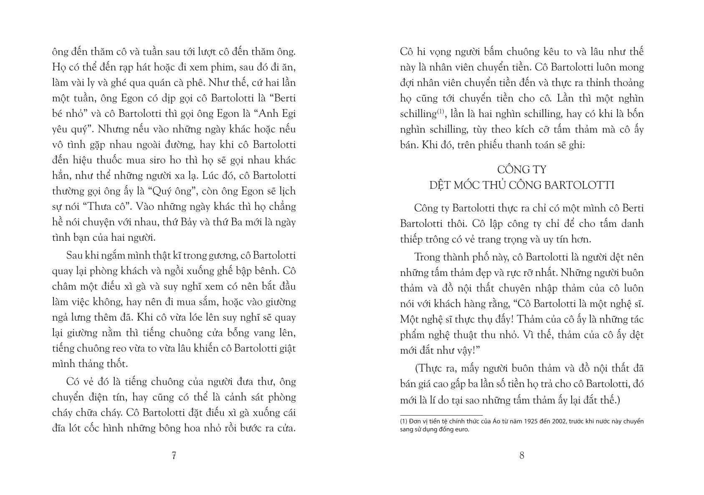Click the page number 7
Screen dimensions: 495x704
click(x=174, y=456)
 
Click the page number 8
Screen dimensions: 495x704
click(x=522, y=456)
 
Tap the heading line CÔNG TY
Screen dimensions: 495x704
click(x=522, y=170)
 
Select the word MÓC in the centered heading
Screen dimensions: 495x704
click(x=467, y=185)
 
